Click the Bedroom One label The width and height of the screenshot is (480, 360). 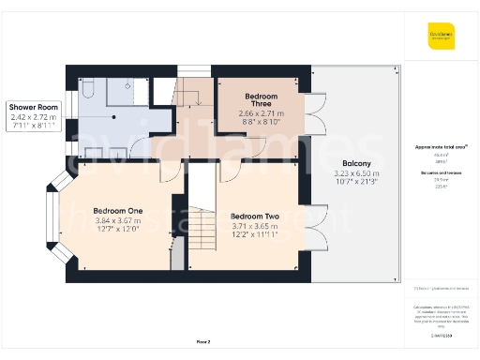click(x=117, y=210)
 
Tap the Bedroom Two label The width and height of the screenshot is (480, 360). click(x=255, y=216)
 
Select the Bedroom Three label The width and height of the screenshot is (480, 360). click(x=262, y=100)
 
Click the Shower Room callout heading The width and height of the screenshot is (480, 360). click(x=34, y=108)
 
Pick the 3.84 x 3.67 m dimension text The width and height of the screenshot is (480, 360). click(x=117, y=221)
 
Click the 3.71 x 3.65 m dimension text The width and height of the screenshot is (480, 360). click(x=255, y=227)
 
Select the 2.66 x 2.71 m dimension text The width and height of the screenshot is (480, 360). click(x=262, y=112)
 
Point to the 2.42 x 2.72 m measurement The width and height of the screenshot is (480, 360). click(x=34, y=118)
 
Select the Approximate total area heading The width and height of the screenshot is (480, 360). click(x=440, y=148)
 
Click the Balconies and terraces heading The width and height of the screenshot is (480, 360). click(x=440, y=174)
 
